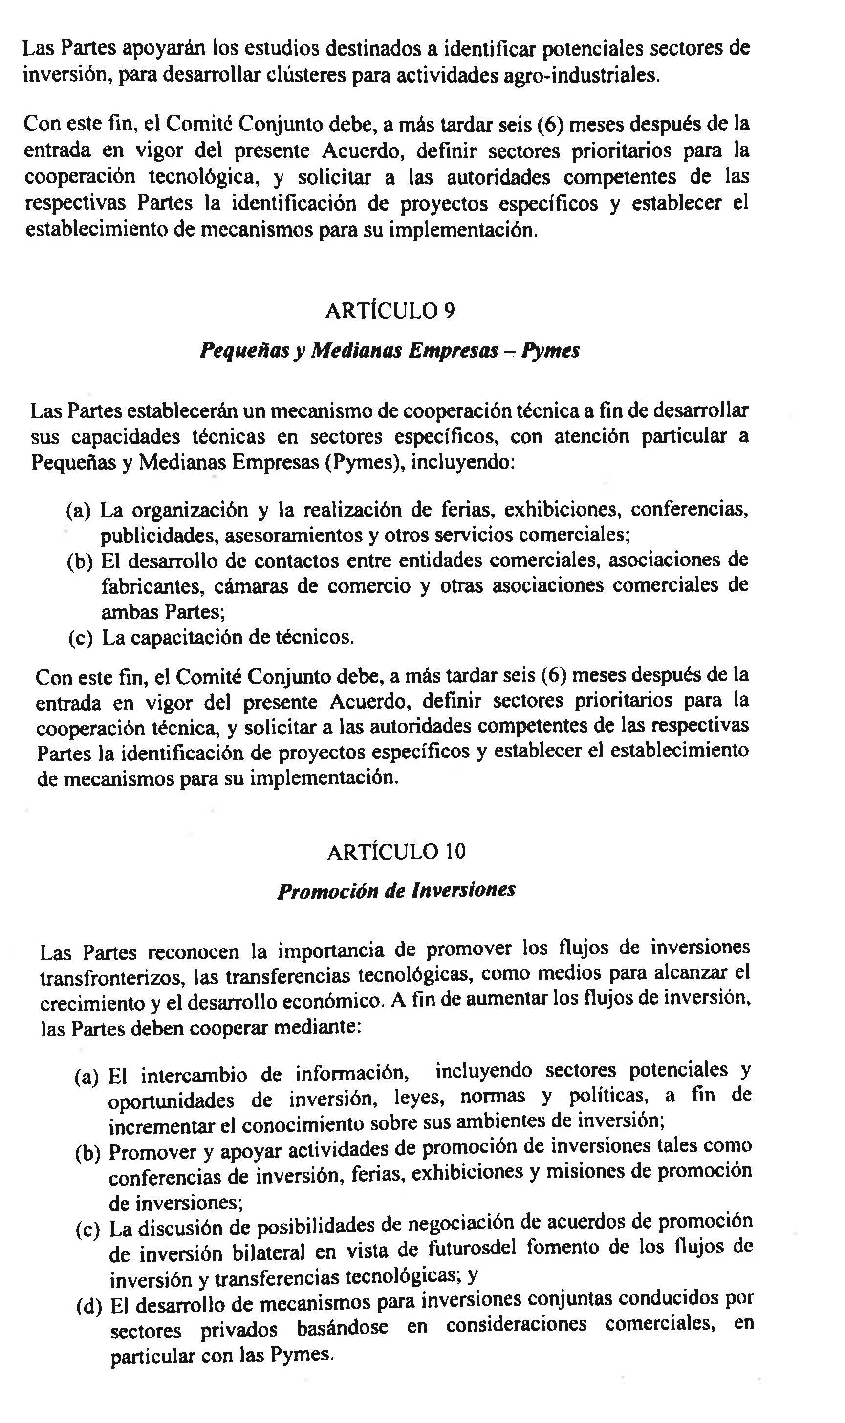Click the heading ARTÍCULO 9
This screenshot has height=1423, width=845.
tap(390, 311)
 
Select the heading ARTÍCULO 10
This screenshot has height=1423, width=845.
tap(396, 852)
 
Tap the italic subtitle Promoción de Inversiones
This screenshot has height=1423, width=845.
tap(396, 890)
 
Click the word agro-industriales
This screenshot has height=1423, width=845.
tap(583, 75)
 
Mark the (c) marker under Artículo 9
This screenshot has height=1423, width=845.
tap(80, 638)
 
